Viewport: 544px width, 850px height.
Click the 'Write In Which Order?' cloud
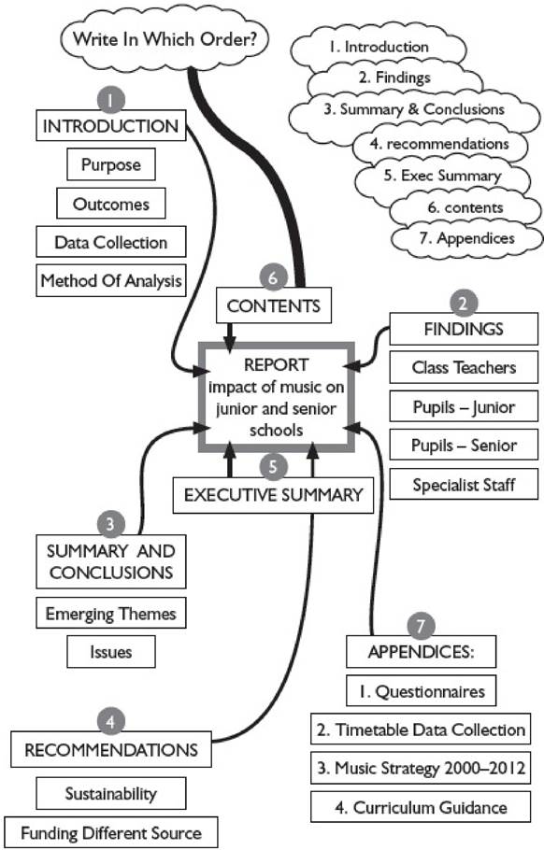(164, 39)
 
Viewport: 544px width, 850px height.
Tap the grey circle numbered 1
(110, 100)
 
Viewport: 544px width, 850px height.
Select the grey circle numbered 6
(273, 277)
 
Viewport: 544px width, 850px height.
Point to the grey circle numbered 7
(421, 626)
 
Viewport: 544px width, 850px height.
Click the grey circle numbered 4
(110, 722)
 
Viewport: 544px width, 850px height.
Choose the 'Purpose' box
(110, 164)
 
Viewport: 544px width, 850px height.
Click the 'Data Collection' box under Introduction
(110, 242)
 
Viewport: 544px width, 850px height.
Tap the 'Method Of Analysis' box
(110, 280)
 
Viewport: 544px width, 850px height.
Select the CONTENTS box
(273, 305)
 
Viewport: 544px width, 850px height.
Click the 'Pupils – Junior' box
(464, 406)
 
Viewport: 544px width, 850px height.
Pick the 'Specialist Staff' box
(464, 484)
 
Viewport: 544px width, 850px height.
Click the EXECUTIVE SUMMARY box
(273, 495)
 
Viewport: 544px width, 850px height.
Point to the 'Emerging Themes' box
(110, 613)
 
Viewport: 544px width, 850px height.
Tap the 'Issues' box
(110, 652)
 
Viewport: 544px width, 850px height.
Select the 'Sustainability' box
(110, 793)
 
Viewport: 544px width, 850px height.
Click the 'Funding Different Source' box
(110, 832)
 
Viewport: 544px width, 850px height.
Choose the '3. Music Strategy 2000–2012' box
(421, 768)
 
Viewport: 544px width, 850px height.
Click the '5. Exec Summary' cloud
(442, 177)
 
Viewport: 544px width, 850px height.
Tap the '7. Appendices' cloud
(466, 238)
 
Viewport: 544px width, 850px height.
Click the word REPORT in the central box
(276, 365)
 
